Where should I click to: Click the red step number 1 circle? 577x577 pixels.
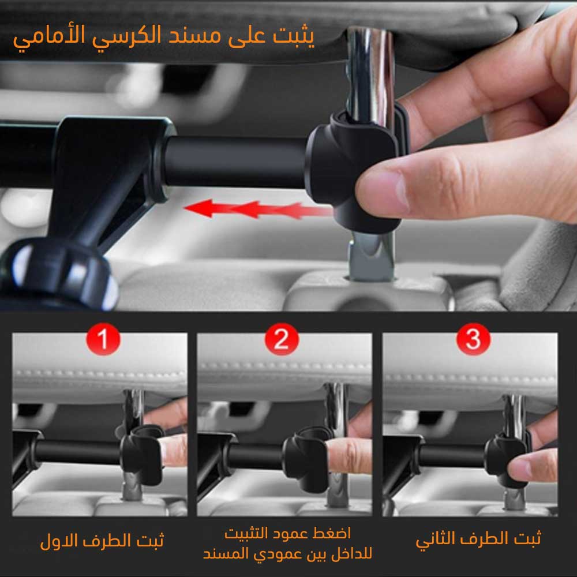pyautogui.click(x=103, y=339)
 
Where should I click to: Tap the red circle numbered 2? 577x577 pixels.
pyautogui.click(x=282, y=339)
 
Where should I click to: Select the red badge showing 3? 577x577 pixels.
pyautogui.click(x=473, y=339)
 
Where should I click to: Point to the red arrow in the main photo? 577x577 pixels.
pyautogui.click(x=257, y=209)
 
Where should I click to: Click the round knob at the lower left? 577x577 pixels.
pyautogui.click(x=59, y=272)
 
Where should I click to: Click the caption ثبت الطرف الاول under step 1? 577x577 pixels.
pyautogui.click(x=102, y=541)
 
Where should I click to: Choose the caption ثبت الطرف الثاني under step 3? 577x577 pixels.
pyautogui.click(x=478, y=539)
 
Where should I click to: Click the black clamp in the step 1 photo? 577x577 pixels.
pyautogui.click(x=142, y=455)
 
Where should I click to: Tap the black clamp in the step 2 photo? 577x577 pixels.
pyautogui.click(x=305, y=458)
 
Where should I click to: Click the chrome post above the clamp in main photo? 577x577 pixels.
pyautogui.click(x=370, y=74)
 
